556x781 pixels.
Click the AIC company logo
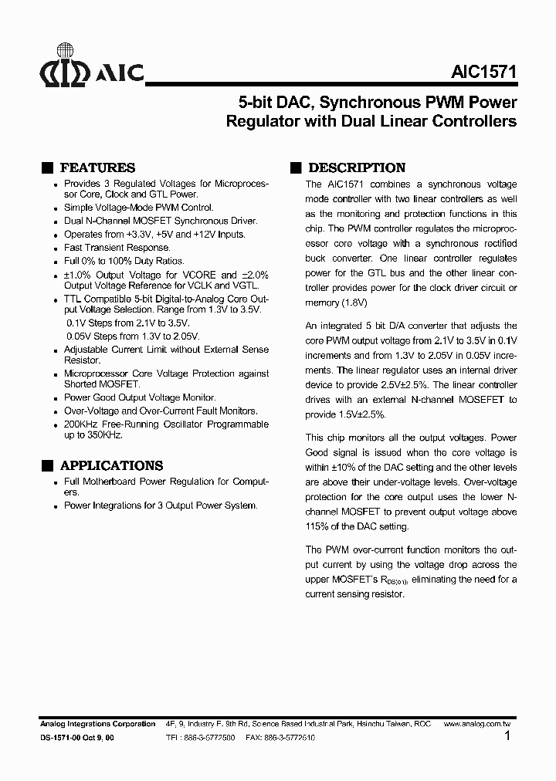coord(91,73)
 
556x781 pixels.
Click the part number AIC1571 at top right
coord(484,72)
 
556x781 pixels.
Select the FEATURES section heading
coord(97,167)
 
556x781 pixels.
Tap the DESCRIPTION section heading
coord(356,167)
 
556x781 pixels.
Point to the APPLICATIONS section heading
coord(111,465)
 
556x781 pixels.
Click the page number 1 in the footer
coord(507,736)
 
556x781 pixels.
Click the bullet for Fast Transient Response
coord(56,248)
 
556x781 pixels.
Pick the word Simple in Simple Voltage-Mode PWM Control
coord(78,208)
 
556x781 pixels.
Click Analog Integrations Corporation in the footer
coord(97,724)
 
